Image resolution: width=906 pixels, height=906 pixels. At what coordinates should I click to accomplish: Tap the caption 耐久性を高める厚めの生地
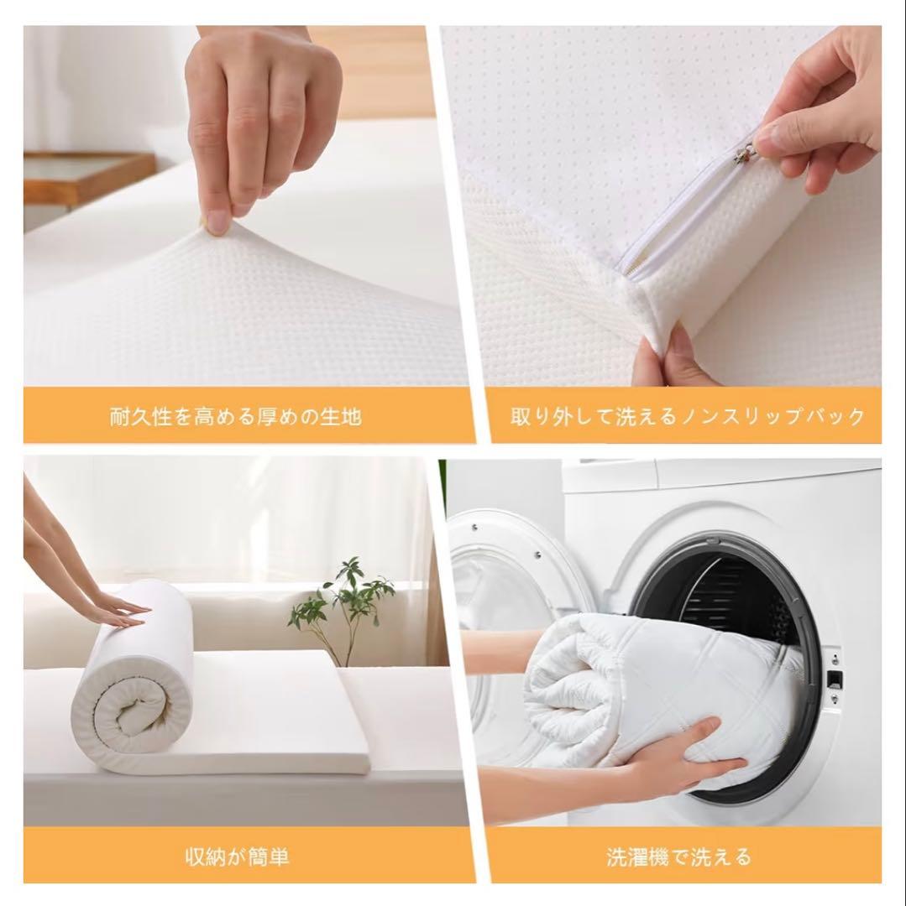236,416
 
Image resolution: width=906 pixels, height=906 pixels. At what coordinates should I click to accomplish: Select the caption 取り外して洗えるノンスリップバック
687,416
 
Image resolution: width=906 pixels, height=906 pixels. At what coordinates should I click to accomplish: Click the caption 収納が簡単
237,856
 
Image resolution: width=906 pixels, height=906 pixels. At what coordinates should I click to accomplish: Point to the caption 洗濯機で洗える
678,856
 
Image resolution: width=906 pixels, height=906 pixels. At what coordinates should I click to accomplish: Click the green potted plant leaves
341,595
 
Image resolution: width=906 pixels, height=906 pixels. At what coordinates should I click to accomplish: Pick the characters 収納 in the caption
205,856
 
